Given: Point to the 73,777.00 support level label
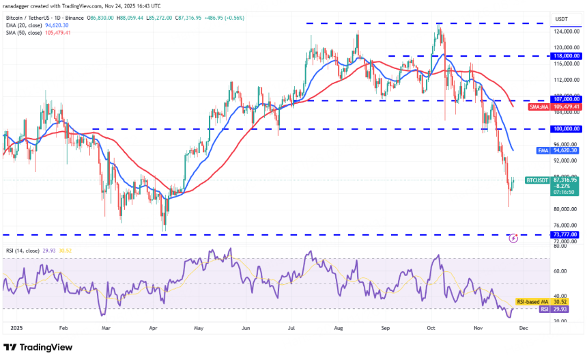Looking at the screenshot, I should tap(564, 234).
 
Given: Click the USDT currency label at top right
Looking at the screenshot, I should tap(562, 19).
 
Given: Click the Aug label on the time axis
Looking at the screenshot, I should tap(339, 328).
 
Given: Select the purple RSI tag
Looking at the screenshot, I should tap(545, 309).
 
